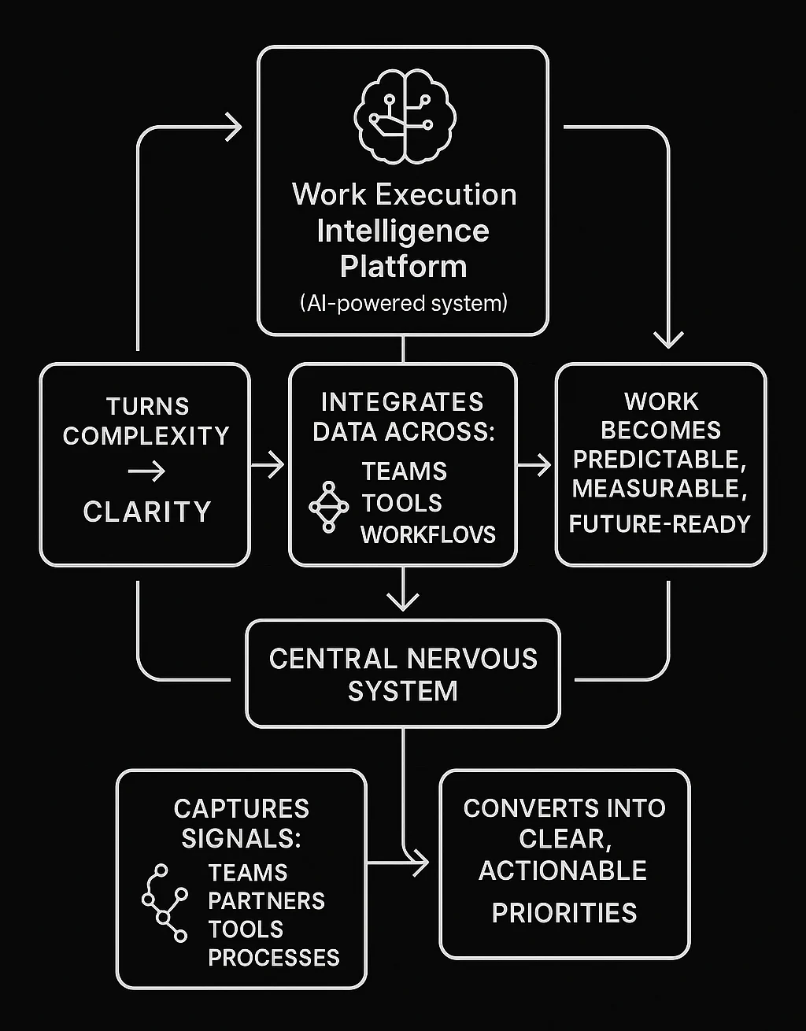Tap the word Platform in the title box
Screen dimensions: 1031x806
click(403, 266)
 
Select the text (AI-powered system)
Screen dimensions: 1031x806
click(403, 303)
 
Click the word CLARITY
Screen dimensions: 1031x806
click(147, 512)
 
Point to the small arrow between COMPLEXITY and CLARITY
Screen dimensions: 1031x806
click(147, 471)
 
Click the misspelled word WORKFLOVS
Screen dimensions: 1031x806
click(428, 534)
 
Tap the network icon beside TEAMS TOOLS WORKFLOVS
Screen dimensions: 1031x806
click(328, 506)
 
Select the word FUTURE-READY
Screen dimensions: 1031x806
click(660, 523)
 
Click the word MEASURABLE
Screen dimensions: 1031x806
click(660, 489)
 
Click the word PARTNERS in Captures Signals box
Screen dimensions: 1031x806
click(266, 900)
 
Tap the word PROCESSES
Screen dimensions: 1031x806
click(273, 957)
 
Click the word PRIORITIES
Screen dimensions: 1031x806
click(564, 913)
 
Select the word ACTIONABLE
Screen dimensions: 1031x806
click(563, 870)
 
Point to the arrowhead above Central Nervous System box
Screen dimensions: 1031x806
click(403, 603)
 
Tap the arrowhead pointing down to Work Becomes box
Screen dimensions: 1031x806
click(668, 339)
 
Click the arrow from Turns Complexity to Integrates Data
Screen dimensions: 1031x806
click(269, 465)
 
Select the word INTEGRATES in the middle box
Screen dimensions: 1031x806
click(402, 402)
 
